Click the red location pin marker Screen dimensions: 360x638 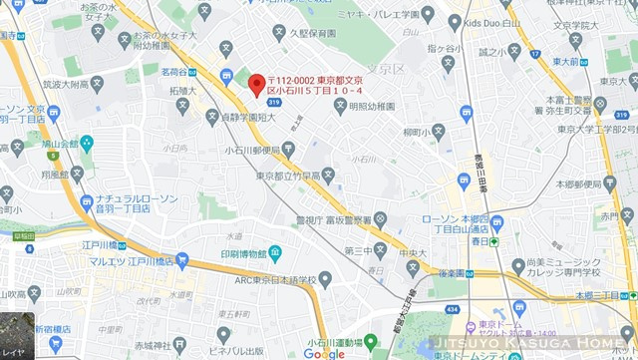[256, 86]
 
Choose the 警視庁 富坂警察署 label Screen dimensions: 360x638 [333, 219]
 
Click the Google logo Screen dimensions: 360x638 [323, 353]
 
